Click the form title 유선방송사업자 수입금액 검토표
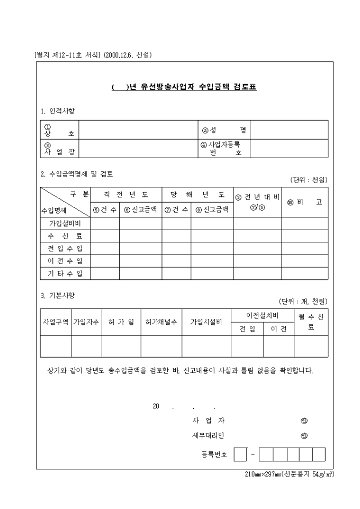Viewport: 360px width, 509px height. (x=184, y=87)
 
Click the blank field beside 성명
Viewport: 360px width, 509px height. (x=289, y=130)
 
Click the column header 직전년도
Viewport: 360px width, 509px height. (x=125, y=195)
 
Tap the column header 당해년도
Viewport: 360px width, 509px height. (x=197, y=195)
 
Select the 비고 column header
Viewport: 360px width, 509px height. (x=304, y=202)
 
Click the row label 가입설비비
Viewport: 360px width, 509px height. (x=65, y=223)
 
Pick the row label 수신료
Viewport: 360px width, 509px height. (x=65, y=236)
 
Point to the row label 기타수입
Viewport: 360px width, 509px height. (x=65, y=274)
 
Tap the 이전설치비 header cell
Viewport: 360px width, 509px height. (x=262, y=315)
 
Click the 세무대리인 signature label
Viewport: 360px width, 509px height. (x=208, y=436)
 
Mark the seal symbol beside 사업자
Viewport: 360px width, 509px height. (x=304, y=421)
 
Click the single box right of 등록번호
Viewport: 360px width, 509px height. (x=240, y=455)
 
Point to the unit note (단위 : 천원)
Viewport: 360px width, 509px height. (x=309, y=180)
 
